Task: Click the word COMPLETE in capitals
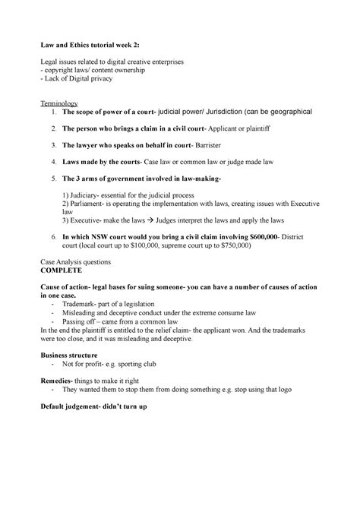click(68, 270)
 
